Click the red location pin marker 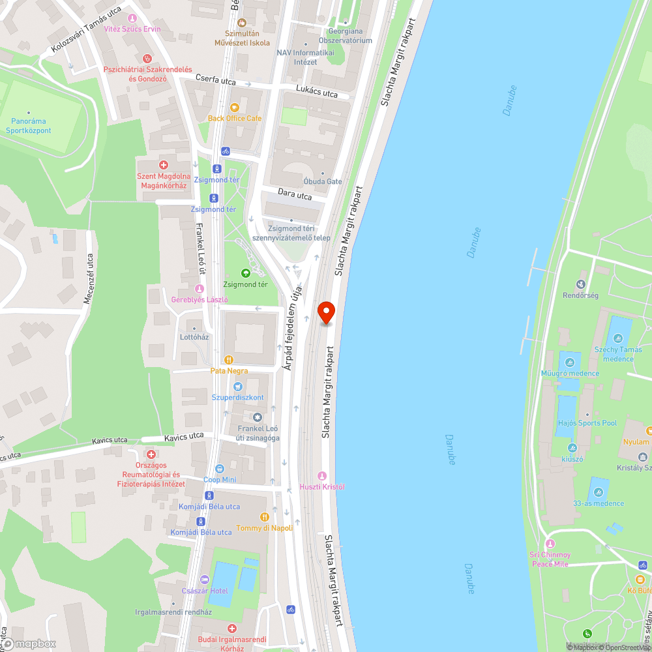tap(326, 312)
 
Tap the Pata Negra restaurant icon tap(228, 359)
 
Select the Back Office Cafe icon tap(235, 107)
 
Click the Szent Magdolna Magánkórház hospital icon tap(164, 166)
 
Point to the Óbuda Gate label tap(323, 181)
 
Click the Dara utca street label tap(295, 195)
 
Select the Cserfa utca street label tap(216, 80)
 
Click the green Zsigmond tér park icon tap(246, 273)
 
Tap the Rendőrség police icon tap(580, 284)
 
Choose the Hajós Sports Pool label tap(587, 423)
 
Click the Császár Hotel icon tap(204, 579)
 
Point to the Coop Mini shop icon tap(220, 468)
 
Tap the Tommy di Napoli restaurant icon tap(264, 516)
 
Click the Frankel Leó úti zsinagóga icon tap(258, 417)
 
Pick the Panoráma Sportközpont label tap(29, 125)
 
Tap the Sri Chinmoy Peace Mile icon tap(550, 544)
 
